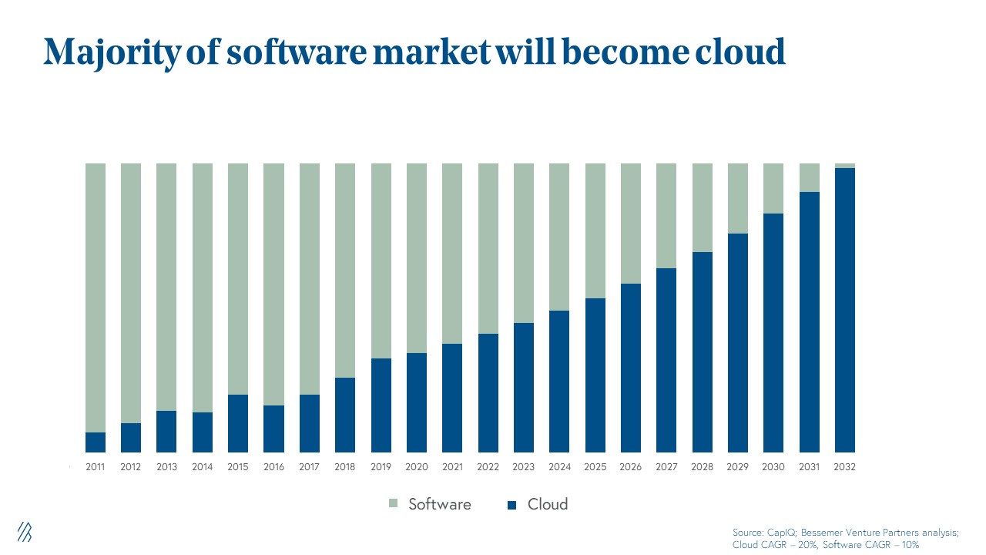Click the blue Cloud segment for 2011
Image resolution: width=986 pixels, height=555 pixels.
pos(96,442)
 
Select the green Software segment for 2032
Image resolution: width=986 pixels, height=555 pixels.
pos(845,166)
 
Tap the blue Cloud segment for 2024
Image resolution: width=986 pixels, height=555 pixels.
pos(559,382)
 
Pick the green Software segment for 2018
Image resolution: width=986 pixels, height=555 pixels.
pos(345,270)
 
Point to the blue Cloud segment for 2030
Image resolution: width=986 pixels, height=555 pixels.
pos(773,333)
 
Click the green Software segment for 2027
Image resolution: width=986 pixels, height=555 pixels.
pos(666,216)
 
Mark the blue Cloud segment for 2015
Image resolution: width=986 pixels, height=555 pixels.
pos(238,423)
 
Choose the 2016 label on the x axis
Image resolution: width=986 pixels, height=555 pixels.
pos(273,467)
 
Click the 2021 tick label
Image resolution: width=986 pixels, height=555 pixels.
pos(452,467)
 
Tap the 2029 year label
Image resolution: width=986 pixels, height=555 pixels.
pos(738,467)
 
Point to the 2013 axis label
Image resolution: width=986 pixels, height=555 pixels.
pos(166,467)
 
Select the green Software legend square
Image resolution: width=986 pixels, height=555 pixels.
pos(394,505)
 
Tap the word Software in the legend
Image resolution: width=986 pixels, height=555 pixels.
pos(439,504)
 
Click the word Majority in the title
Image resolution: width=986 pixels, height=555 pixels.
pos(113,52)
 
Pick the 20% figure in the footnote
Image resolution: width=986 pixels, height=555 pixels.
pos(804,544)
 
